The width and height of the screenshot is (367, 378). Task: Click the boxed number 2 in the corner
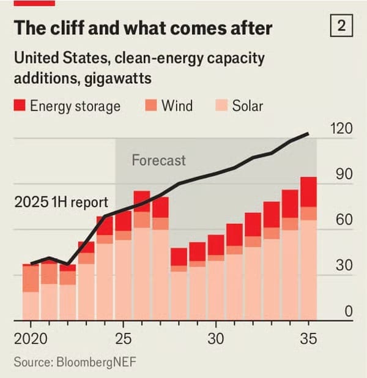pos(341,26)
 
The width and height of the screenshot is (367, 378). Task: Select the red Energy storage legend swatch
pos(19,105)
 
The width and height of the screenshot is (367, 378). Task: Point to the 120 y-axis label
pos(341,128)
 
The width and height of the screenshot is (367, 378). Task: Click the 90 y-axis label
pos(344,174)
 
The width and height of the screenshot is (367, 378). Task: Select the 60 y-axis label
pos(344,220)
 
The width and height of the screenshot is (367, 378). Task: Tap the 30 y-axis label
pos(344,266)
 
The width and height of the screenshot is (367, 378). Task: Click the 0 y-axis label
pos(347,311)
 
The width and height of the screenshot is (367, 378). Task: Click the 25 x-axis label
pos(124,338)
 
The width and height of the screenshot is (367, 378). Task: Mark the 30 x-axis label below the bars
pos(215,338)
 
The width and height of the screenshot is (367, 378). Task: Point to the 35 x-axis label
pos(308,338)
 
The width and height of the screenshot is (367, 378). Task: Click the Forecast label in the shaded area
pos(158,161)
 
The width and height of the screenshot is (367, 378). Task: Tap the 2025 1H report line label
pos(61,202)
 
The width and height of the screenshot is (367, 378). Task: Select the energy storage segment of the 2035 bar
pos(308,192)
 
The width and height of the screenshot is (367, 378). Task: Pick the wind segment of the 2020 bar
pos(31,278)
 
